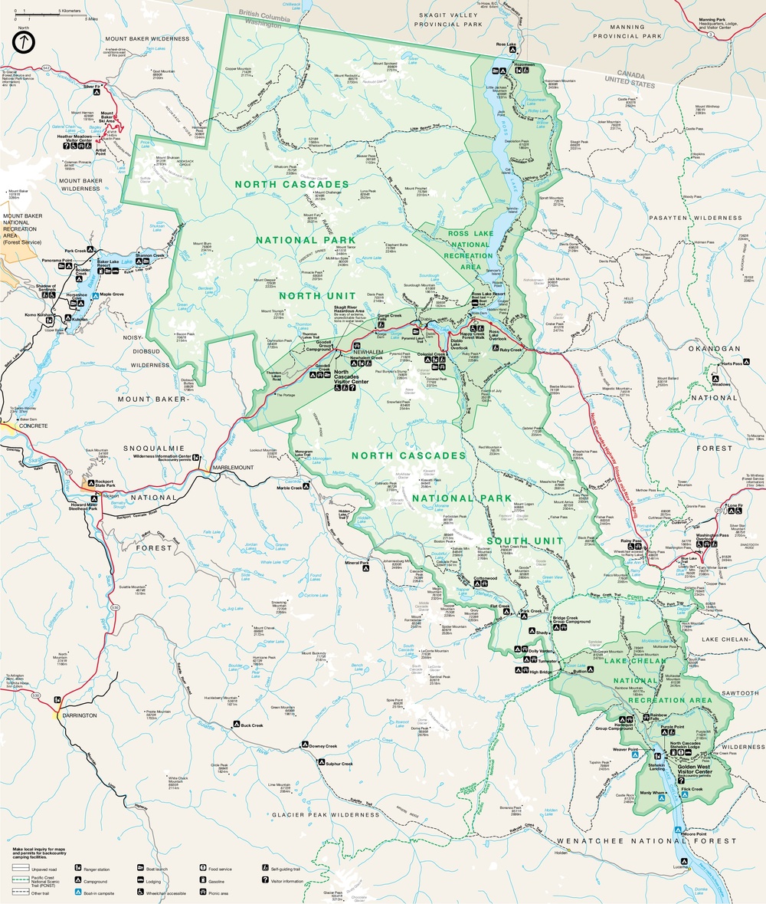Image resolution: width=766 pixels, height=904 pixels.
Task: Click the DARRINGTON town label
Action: tap(79, 715)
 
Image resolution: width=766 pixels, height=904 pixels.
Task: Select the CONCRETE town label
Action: tap(22, 426)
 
